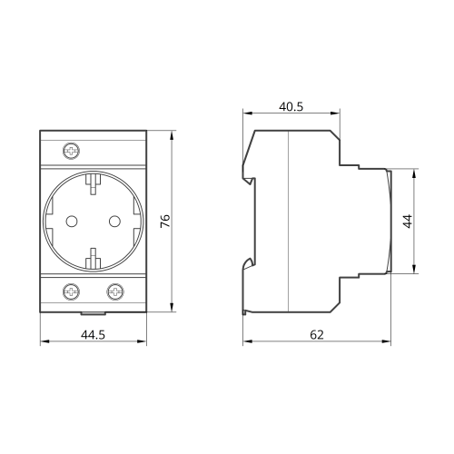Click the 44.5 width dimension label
point(93,335)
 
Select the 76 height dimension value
point(165,222)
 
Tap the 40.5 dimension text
point(291,106)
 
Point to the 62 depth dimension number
point(317,335)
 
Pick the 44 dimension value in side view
point(408,222)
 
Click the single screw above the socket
point(72,151)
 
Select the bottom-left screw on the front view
point(72,291)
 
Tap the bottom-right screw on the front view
point(115,291)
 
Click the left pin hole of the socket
point(72,222)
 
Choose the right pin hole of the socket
point(114,222)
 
